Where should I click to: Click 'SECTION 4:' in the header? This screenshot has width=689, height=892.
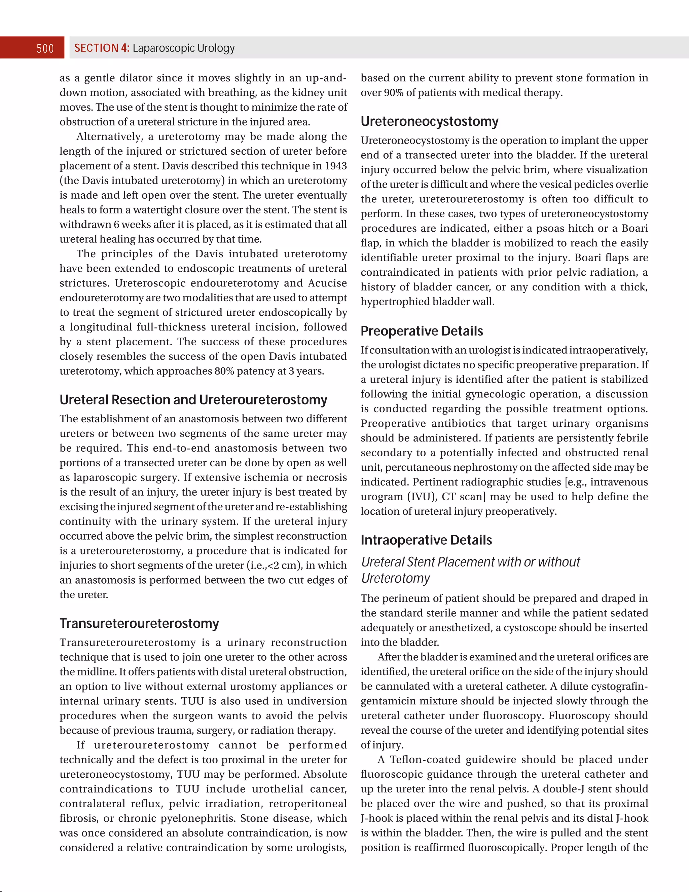102,48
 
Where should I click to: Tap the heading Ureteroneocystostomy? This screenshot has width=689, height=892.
429,121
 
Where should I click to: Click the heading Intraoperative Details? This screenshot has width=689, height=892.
426,540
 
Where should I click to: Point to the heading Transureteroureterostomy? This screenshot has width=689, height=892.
139,623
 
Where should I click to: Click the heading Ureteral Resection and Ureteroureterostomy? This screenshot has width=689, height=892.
193,399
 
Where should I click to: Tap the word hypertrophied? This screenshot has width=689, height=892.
394,302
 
